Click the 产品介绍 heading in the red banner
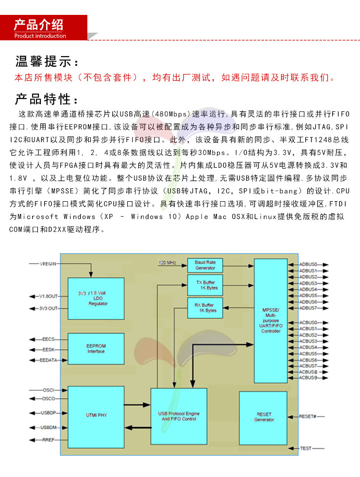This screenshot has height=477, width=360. click(x=38, y=25)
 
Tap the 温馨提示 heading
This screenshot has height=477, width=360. click(x=47, y=62)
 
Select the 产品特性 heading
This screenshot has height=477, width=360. click(x=47, y=99)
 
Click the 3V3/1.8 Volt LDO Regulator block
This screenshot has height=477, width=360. click(x=96, y=298)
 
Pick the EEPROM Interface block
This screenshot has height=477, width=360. click(x=96, y=348)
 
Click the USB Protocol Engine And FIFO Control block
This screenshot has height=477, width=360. click(x=179, y=416)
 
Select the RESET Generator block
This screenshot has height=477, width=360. click(x=263, y=416)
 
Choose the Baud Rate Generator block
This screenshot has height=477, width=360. click(x=205, y=265)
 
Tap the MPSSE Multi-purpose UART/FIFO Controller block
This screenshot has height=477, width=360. click(x=271, y=320)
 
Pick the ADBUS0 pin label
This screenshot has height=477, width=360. click(x=308, y=264)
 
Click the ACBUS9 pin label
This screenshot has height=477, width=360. click(x=308, y=378)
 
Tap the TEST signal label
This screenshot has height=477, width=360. click(x=306, y=448)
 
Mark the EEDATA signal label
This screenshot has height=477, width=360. click(x=48, y=360)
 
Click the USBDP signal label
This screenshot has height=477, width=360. click(x=48, y=413)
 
